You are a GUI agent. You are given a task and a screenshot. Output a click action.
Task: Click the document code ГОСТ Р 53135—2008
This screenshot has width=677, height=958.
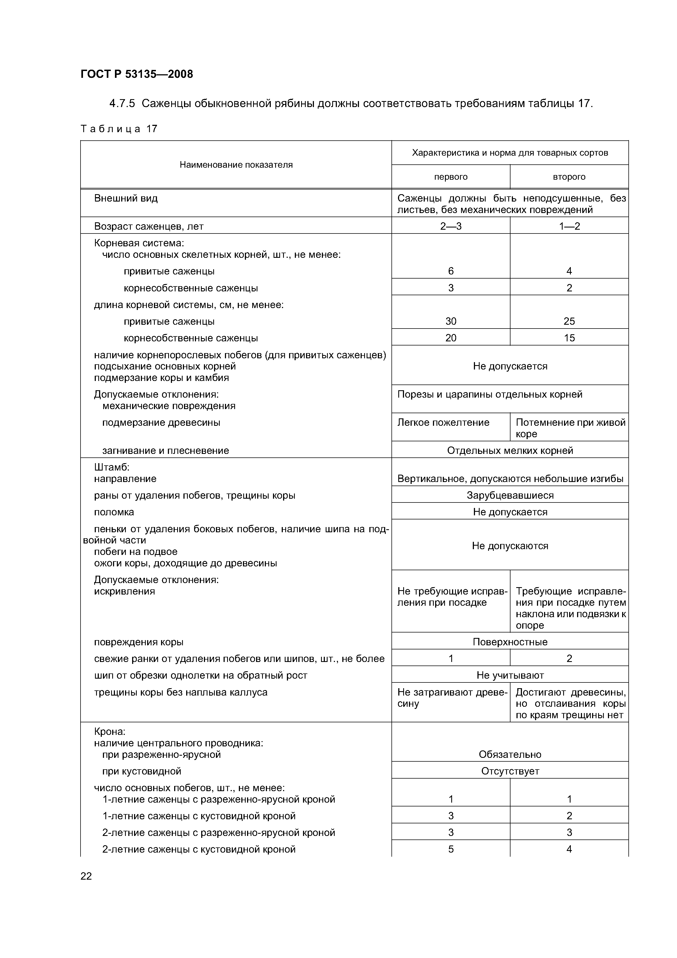tap(136, 74)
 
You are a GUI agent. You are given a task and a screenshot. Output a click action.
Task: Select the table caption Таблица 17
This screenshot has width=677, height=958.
tap(119, 129)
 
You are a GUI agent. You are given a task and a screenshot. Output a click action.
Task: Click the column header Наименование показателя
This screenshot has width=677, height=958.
tap(236, 165)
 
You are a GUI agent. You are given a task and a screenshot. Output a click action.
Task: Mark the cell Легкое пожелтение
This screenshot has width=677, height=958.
tap(443, 423)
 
